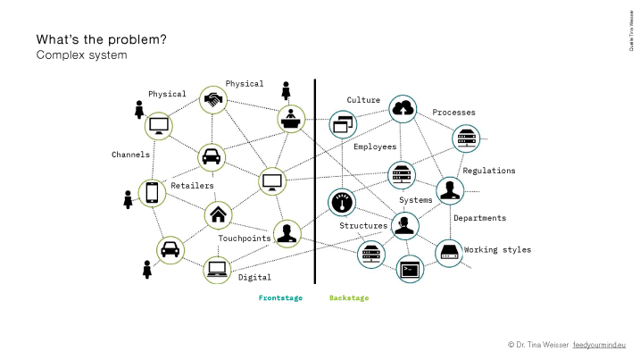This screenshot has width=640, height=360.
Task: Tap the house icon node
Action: click(x=219, y=214)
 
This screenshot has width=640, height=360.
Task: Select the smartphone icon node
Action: click(x=152, y=192)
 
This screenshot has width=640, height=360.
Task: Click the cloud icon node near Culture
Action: click(x=403, y=109)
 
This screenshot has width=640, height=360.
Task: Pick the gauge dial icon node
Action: click(x=342, y=203)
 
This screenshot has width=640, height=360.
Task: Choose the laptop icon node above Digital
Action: click(x=217, y=269)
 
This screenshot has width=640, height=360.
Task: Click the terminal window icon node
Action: click(x=410, y=268)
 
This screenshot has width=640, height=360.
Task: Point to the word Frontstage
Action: click(x=280, y=298)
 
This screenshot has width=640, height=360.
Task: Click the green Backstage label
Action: click(x=349, y=298)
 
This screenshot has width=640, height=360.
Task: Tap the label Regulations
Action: click(x=488, y=171)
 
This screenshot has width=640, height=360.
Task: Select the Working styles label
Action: click(x=497, y=250)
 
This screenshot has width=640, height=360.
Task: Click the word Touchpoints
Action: click(x=245, y=239)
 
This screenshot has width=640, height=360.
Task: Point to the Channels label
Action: click(x=130, y=155)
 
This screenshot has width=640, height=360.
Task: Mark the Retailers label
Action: click(x=192, y=186)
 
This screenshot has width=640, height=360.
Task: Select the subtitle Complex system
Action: click(x=81, y=55)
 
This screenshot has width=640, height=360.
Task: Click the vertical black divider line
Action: click(x=315, y=179)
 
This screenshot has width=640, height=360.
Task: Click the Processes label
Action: click(x=453, y=113)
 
